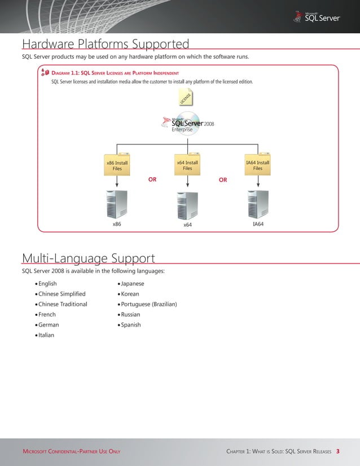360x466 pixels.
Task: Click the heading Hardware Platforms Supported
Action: pyautogui.click(x=105, y=44)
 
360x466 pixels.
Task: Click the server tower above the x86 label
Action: pyautogui.click(x=117, y=204)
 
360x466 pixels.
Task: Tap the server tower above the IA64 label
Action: pyautogui.click(x=258, y=204)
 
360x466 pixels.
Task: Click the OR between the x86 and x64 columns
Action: pyautogui.click(x=152, y=180)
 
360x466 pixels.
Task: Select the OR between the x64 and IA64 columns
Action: pyautogui.click(x=223, y=180)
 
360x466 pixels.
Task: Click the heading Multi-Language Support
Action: pyautogui.click(x=88, y=258)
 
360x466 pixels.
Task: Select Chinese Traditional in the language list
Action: pyautogui.click(x=63, y=304)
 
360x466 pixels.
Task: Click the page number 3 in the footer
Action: pyautogui.click(x=337, y=451)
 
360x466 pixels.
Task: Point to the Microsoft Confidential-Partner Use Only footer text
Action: pyautogui.click(x=71, y=451)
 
